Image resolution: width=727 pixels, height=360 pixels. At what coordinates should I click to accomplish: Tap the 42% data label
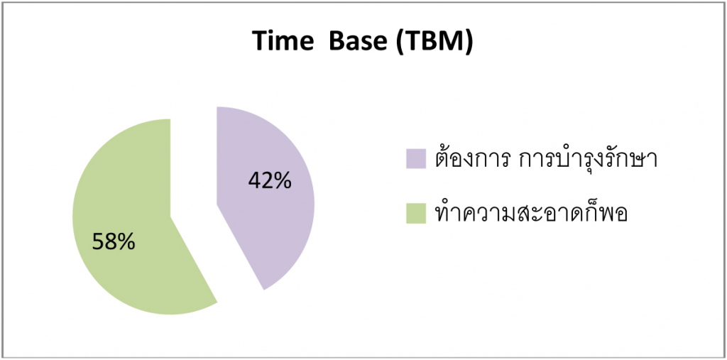pyautogui.click(x=270, y=180)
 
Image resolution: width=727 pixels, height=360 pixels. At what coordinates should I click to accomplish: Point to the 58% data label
pyautogui.click(x=114, y=241)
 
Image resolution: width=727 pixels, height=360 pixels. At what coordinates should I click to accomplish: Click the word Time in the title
pyautogui.click(x=283, y=42)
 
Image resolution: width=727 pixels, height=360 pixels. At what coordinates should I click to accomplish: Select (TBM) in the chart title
pyautogui.click(x=434, y=43)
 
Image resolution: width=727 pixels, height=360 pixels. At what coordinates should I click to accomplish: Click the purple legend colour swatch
pyautogui.click(x=416, y=158)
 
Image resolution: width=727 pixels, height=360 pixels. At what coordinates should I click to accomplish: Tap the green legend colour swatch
pyautogui.click(x=416, y=214)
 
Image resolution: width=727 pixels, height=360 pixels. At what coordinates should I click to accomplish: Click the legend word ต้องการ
pyautogui.click(x=472, y=157)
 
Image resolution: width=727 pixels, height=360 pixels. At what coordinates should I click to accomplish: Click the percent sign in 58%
pyautogui.click(x=127, y=241)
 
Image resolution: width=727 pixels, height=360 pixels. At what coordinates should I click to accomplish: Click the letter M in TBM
pyautogui.click(x=450, y=42)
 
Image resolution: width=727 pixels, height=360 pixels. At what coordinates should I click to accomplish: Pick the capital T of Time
pyautogui.click(x=261, y=42)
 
